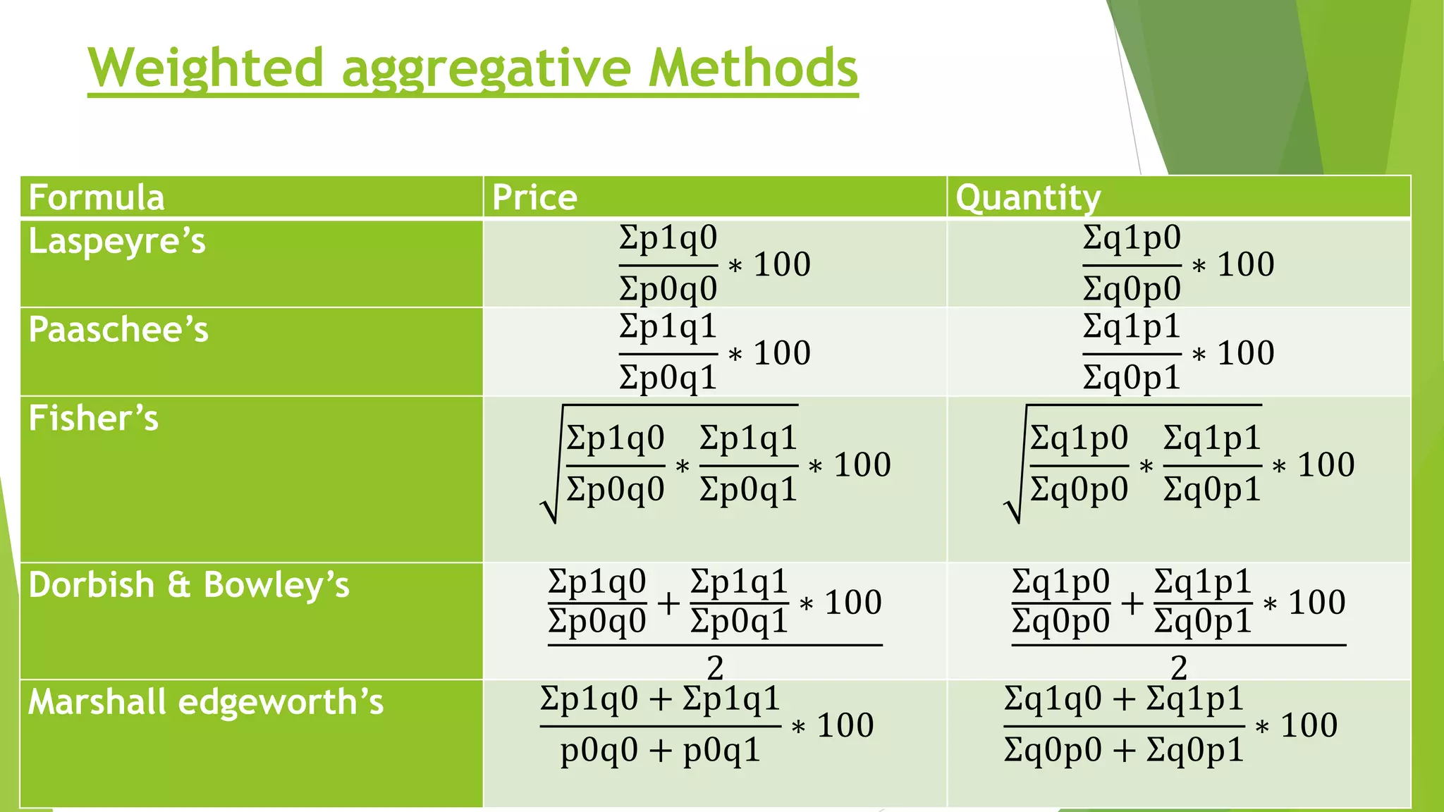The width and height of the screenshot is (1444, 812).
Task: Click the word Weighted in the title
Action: click(x=205, y=68)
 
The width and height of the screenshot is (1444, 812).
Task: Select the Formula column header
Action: click(x=97, y=197)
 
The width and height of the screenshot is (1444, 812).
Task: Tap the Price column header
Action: click(x=534, y=197)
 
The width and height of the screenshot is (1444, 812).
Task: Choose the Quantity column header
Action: click(x=1027, y=197)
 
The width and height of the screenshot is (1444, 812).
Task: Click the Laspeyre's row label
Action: click(x=117, y=242)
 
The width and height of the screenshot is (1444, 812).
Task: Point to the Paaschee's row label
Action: click(x=118, y=330)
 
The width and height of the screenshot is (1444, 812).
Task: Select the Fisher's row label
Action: click(x=94, y=418)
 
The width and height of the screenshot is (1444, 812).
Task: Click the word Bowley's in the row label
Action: click(x=276, y=585)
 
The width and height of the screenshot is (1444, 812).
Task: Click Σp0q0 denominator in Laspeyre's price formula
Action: click(x=668, y=289)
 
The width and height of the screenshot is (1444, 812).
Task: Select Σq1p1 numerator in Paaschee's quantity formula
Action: click(x=1131, y=327)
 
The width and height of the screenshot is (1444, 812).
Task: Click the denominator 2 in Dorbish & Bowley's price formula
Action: click(x=715, y=667)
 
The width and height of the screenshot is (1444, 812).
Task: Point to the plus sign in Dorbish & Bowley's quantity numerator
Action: click(x=1132, y=603)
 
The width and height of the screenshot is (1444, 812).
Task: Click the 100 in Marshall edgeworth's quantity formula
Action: click(x=1309, y=725)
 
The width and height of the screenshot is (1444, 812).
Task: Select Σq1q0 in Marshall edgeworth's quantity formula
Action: click(x=1053, y=699)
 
